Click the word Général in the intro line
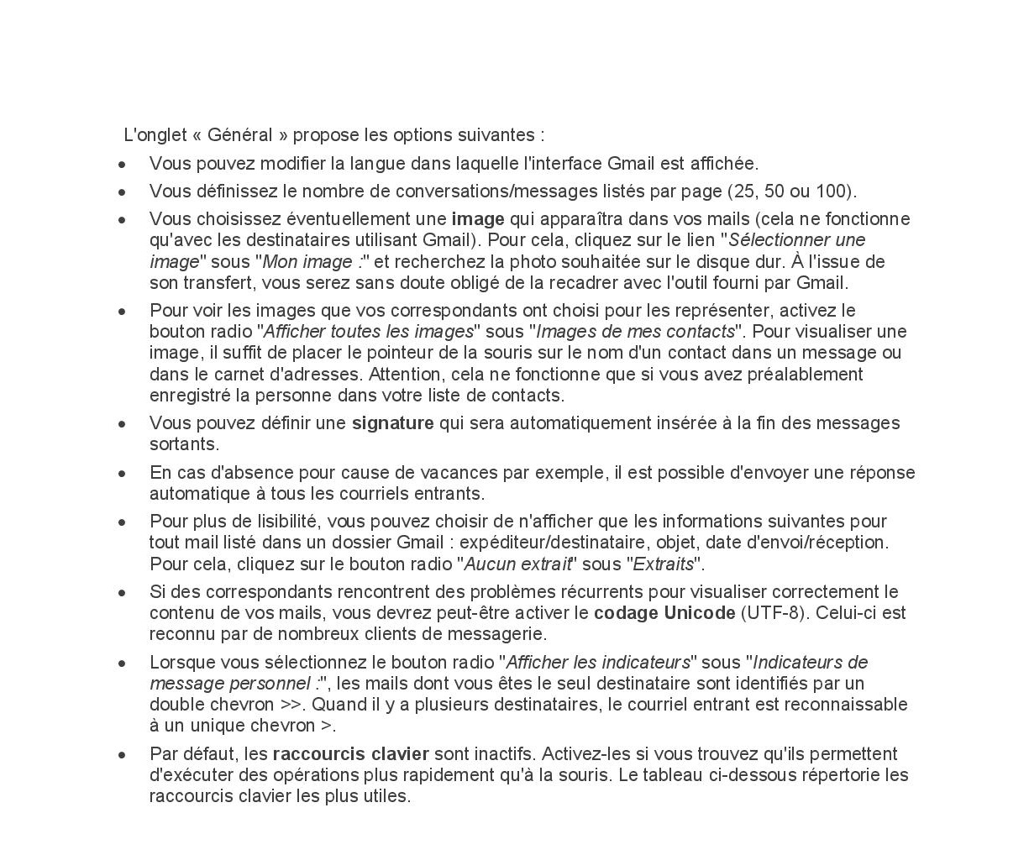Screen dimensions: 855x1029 [x=239, y=135]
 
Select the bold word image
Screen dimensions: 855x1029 [x=478, y=219]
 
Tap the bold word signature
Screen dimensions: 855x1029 [x=392, y=423]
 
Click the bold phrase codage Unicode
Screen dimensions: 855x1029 [x=664, y=613]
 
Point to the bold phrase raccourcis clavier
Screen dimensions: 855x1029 [x=350, y=754]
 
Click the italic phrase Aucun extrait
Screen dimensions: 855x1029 [x=517, y=564]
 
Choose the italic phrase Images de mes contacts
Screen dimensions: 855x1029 [x=635, y=332]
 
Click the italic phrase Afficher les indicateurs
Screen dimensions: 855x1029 [x=598, y=663]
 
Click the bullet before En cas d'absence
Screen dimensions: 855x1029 [x=123, y=474]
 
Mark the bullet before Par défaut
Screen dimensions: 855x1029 [x=123, y=755]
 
